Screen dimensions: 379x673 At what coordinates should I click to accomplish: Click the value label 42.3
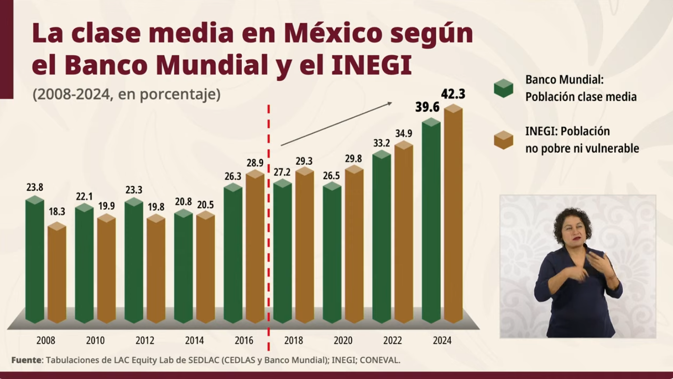(x=453, y=94)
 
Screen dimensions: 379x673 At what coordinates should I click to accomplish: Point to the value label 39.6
(x=428, y=107)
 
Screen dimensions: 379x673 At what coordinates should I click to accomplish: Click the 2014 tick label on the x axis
(x=194, y=340)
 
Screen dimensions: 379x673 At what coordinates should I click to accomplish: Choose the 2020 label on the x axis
(x=343, y=340)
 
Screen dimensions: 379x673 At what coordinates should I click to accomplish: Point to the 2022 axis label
(x=393, y=340)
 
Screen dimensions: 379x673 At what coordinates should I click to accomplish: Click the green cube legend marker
(x=503, y=88)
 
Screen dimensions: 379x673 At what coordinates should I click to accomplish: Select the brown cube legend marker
(x=503, y=140)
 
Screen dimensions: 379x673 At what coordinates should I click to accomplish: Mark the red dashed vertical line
(x=268, y=226)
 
